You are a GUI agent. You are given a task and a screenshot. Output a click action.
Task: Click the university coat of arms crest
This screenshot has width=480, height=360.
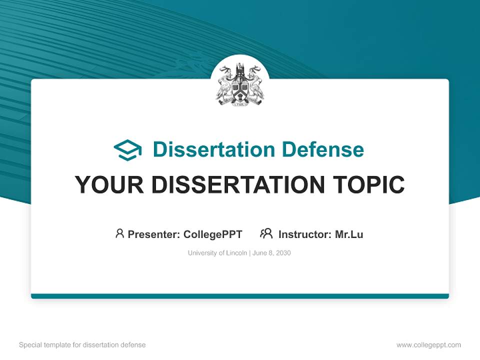240,84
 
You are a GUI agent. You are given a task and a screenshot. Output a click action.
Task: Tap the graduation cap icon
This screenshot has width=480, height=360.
127,149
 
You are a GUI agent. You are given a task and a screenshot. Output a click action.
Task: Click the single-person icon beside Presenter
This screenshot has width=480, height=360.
119,233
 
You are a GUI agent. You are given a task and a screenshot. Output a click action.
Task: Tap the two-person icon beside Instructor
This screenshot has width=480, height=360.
266,233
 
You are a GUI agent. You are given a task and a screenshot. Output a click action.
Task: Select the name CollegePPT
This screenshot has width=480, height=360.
212,234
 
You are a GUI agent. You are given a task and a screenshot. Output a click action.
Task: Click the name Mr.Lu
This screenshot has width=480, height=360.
349,234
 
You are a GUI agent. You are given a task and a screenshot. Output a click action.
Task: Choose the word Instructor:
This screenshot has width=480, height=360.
305,234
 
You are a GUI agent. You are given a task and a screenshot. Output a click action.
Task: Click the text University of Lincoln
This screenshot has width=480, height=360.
217,253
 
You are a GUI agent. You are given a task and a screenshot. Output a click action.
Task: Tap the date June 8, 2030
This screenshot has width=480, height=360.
271,253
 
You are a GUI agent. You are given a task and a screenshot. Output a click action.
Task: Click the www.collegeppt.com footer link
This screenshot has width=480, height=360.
428,345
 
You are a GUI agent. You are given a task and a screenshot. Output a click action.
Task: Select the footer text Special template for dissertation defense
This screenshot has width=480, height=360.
82,345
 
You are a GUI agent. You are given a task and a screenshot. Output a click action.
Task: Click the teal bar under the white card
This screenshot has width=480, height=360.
240,296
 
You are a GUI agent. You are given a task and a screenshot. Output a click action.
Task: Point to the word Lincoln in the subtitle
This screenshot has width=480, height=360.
236,253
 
